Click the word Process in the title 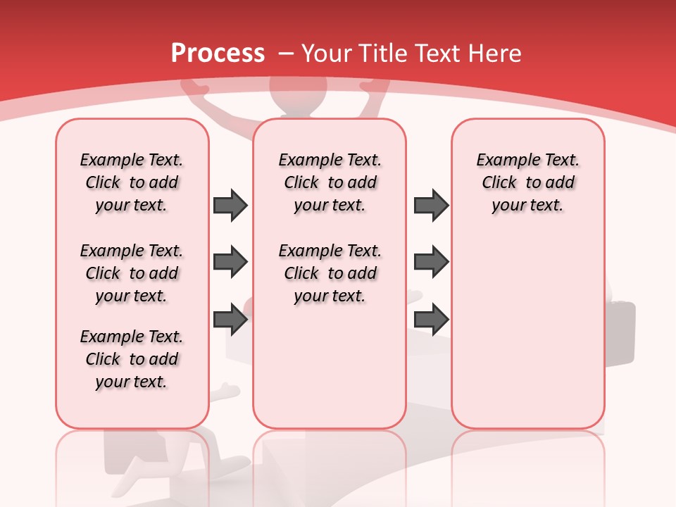point(218,54)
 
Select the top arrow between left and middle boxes point(230,205)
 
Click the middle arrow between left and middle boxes point(230,262)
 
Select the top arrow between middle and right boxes point(431,205)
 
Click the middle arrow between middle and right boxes point(431,262)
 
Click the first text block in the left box point(132,182)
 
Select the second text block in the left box point(132,273)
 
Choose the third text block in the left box point(132,359)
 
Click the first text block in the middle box point(330,182)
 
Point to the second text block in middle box point(330,273)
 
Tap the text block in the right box point(527,182)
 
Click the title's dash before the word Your point(285,54)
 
